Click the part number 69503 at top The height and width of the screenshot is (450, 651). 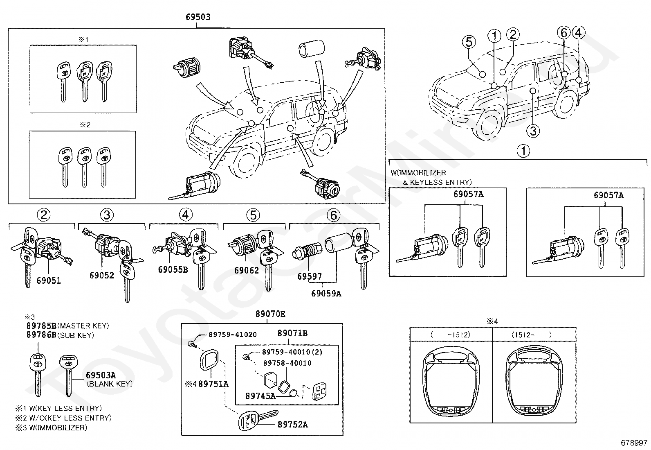pos(198,17)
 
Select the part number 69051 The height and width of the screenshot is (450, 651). pos(48,280)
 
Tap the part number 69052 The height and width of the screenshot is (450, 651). pos(101,275)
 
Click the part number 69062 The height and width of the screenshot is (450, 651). pos(247,270)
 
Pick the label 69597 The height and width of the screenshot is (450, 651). pos(309,277)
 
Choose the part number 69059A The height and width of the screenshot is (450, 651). pos(326,293)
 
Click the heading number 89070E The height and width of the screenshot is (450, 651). pos(270,314)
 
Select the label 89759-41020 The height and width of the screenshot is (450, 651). pos(233,335)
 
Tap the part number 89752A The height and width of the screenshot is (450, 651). pos(292,425)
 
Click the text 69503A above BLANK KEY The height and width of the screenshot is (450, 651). pos(101,375)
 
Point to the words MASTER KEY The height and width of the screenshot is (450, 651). pos(84,326)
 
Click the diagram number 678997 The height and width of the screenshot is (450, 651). pos(634,443)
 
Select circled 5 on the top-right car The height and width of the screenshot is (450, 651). pos(469,42)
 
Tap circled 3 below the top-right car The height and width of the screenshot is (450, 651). pos(532,131)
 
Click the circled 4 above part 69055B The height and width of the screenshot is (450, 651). pos(185,215)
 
